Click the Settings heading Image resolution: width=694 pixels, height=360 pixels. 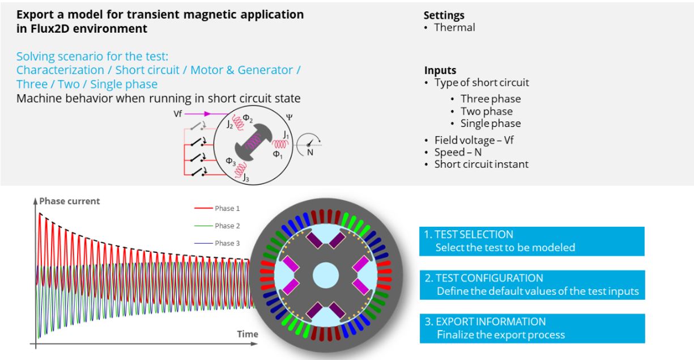(x=444, y=16)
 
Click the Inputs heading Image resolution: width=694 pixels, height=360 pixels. (x=440, y=71)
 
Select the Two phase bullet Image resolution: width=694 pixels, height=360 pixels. (x=486, y=111)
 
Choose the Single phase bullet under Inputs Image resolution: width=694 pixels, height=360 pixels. (x=490, y=123)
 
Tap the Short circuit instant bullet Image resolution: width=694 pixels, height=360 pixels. (x=481, y=164)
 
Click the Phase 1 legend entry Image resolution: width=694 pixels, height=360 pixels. (x=227, y=209)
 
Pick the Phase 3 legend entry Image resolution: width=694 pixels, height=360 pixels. (x=227, y=243)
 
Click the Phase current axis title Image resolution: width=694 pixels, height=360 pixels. (x=69, y=201)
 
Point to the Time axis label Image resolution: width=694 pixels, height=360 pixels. (x=247, y=334)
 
